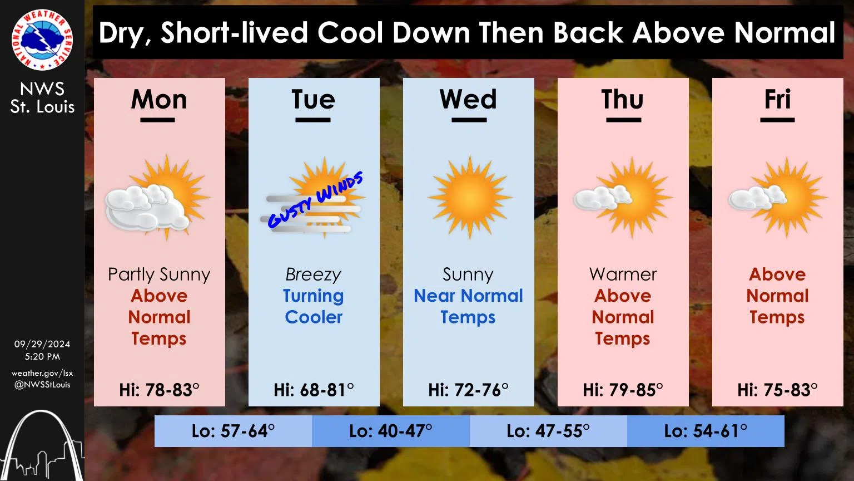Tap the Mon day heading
coord(159,100)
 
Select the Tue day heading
coord(314,100)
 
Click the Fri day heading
coord(777,100)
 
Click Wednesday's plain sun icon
coord(469,198)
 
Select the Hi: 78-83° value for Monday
coord(159,390)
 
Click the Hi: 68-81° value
coord(314,390)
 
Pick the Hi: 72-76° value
coord(468,390)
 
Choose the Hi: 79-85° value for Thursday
coord(623,390)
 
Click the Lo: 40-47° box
coord(390,431)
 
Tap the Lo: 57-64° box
coord(233,431)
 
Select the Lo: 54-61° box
coord(706,431)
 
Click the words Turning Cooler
coord(314,306)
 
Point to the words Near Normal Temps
coord(468,306)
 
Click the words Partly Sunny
coord(159,274)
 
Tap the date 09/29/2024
coord(42,344)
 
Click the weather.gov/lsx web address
coord(42,373)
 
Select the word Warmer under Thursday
coord(623,274)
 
